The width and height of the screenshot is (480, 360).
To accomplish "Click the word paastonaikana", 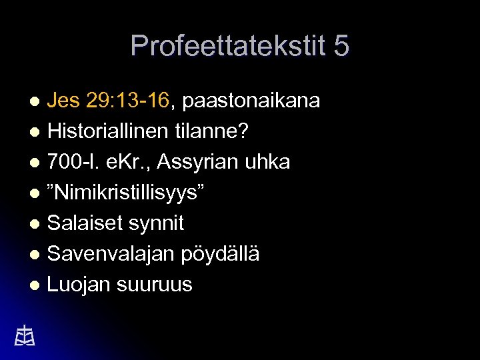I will coord(251,101).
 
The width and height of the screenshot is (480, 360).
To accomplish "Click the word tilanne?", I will coord(213,131).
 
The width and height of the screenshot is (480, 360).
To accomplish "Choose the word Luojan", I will coord(79,285).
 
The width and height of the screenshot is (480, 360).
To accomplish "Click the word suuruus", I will coord(155,285).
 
